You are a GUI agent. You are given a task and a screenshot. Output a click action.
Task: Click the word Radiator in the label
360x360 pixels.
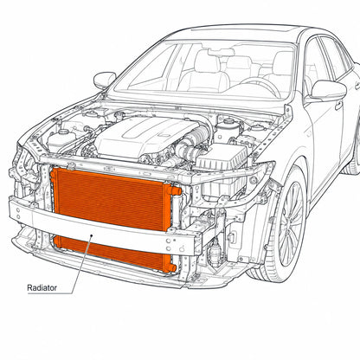click(42, 287)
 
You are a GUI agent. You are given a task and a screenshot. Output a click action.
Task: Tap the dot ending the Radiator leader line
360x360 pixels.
click(92, 235)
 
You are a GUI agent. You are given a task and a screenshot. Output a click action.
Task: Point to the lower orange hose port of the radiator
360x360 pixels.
click(171, 267)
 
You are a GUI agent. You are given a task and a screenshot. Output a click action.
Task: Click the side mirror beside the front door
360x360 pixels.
click(328, 91)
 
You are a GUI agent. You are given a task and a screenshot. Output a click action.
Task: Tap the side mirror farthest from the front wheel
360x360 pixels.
click(105, 80)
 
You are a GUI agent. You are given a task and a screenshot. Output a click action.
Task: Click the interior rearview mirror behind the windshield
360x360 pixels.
click(222, 52)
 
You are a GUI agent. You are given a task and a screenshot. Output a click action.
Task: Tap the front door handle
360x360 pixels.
click(338, 106)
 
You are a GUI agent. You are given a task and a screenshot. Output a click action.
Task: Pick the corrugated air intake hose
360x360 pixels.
click(193, 143)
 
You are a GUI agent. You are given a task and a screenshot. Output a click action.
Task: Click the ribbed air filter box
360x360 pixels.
click(222, 157)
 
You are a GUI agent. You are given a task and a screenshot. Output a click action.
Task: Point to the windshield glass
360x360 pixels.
click(202, 69)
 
